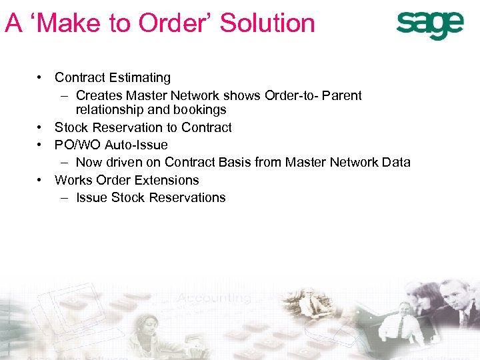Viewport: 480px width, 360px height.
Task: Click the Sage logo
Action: pyautogui.click(x=429, y=25)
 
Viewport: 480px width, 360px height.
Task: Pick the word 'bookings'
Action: pyautogui.click(x=197, y=110)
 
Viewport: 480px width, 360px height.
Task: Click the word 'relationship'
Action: pyautogui.click(x=109, y=110)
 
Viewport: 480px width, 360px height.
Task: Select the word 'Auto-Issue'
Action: pyautogui.click(x=136, y=145)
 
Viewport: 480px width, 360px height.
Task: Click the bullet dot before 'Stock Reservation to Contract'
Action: pyautogui.click(x=41, y=127)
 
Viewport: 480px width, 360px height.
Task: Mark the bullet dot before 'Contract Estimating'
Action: pyautogui.click(x=41, y=78)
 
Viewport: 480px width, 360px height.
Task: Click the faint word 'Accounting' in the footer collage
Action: pyautogui.click(x=213, y=298)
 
